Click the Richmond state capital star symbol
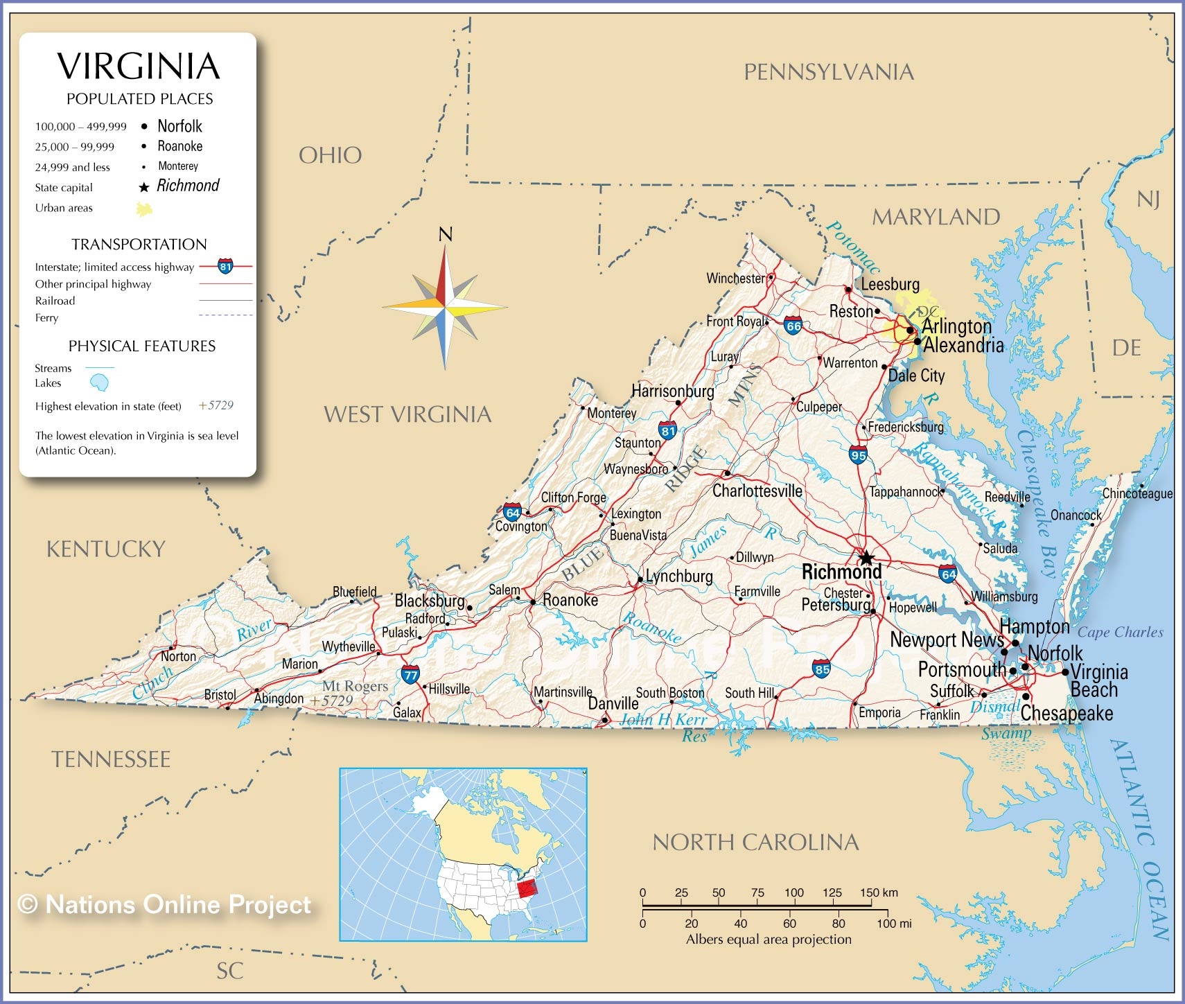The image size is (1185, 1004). click(866, 558)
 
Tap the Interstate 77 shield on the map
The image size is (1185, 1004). click(410, 673)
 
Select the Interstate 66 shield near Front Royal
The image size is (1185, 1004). click(793, 326)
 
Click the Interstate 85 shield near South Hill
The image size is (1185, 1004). click(822, 669)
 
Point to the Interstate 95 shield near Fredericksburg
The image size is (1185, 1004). click(858, 455)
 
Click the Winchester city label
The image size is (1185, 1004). click(735, 279)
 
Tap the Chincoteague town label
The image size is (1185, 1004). click(1137, 493)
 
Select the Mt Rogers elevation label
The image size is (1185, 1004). click(355, 686)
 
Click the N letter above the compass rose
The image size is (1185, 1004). click(446, 235)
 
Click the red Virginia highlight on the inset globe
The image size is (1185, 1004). click(528, 888)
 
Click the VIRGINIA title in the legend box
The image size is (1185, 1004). click(139, 67)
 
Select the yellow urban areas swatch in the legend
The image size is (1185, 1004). click(144, 209)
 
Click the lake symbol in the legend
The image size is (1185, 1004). click(100, 382)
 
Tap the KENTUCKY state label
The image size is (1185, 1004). click(106, 549)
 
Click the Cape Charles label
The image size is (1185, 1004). click(1120, 632)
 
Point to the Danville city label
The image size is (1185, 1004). click(613, 704)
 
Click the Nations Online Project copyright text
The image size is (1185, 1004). click(165, 904)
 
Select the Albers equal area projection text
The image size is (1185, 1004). click(769, 940)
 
